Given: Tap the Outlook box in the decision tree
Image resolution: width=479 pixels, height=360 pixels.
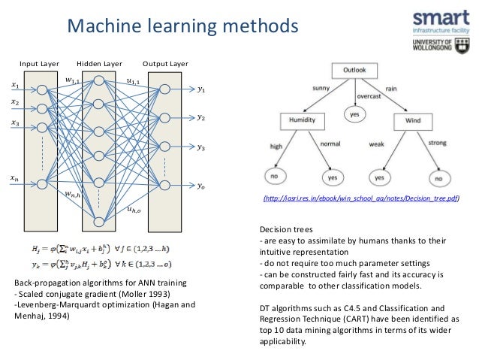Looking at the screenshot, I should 354,70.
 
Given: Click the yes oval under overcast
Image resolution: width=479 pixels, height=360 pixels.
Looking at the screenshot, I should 354,114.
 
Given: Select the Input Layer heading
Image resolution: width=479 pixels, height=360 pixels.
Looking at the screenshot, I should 41,63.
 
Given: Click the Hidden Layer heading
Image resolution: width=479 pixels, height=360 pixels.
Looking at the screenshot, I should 99,63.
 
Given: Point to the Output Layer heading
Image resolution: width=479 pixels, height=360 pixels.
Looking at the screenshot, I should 164,63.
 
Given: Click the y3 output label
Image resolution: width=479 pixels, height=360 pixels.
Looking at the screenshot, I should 200,148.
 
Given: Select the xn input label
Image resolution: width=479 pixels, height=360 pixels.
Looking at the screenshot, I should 16,178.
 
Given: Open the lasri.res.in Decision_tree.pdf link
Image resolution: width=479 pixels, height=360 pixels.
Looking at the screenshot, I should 360,199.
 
